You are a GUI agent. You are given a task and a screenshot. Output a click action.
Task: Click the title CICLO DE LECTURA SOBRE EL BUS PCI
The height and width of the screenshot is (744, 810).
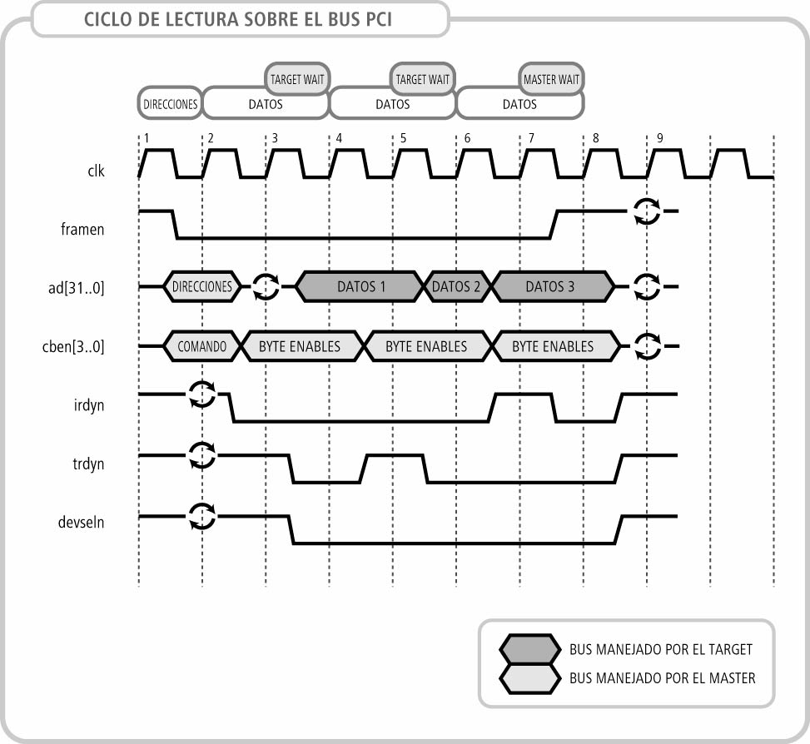tap(237, 20)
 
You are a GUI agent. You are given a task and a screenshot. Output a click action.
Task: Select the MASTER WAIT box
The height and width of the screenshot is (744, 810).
tap(550, 80)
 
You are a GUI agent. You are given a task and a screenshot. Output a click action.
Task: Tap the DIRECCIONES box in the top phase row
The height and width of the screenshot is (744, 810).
tap(170, 105)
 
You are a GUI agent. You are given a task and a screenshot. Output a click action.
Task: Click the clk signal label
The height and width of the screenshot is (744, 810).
tap(96, 171)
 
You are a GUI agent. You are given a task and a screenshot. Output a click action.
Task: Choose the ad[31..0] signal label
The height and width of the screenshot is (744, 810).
tap(77, 288)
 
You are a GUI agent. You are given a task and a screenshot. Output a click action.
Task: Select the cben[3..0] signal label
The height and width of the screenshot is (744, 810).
tap(77, 347)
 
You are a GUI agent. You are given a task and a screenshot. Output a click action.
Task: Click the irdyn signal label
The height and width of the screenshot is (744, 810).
tap(89, 405)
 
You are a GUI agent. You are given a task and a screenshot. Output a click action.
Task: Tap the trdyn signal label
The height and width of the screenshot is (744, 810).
tap(88, 464)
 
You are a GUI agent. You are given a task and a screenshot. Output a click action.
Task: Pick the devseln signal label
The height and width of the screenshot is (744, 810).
tap(82, 523)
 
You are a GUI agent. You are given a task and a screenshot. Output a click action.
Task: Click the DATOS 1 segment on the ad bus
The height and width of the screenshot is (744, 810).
tap(361, 286)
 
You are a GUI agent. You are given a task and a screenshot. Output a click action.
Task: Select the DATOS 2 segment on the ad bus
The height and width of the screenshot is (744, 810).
tap(456, 286)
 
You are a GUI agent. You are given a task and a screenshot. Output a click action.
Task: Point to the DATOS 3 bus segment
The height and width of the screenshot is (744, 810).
tap(550, 286)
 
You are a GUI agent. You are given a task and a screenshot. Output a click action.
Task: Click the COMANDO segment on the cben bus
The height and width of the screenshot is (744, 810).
tap(201, 346)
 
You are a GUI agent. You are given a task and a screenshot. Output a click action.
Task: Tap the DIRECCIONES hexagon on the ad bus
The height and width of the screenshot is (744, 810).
tap(203, 286)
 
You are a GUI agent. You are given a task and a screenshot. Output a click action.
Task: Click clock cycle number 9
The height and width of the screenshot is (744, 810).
tap(660, 138)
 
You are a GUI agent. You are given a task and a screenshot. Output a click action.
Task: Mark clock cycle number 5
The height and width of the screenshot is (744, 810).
tap(404, 138)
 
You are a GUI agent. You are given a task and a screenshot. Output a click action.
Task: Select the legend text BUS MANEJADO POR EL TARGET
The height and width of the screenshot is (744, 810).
tap(661, 649)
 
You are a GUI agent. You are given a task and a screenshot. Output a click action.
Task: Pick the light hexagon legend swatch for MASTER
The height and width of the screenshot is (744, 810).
tap(529, 678)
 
